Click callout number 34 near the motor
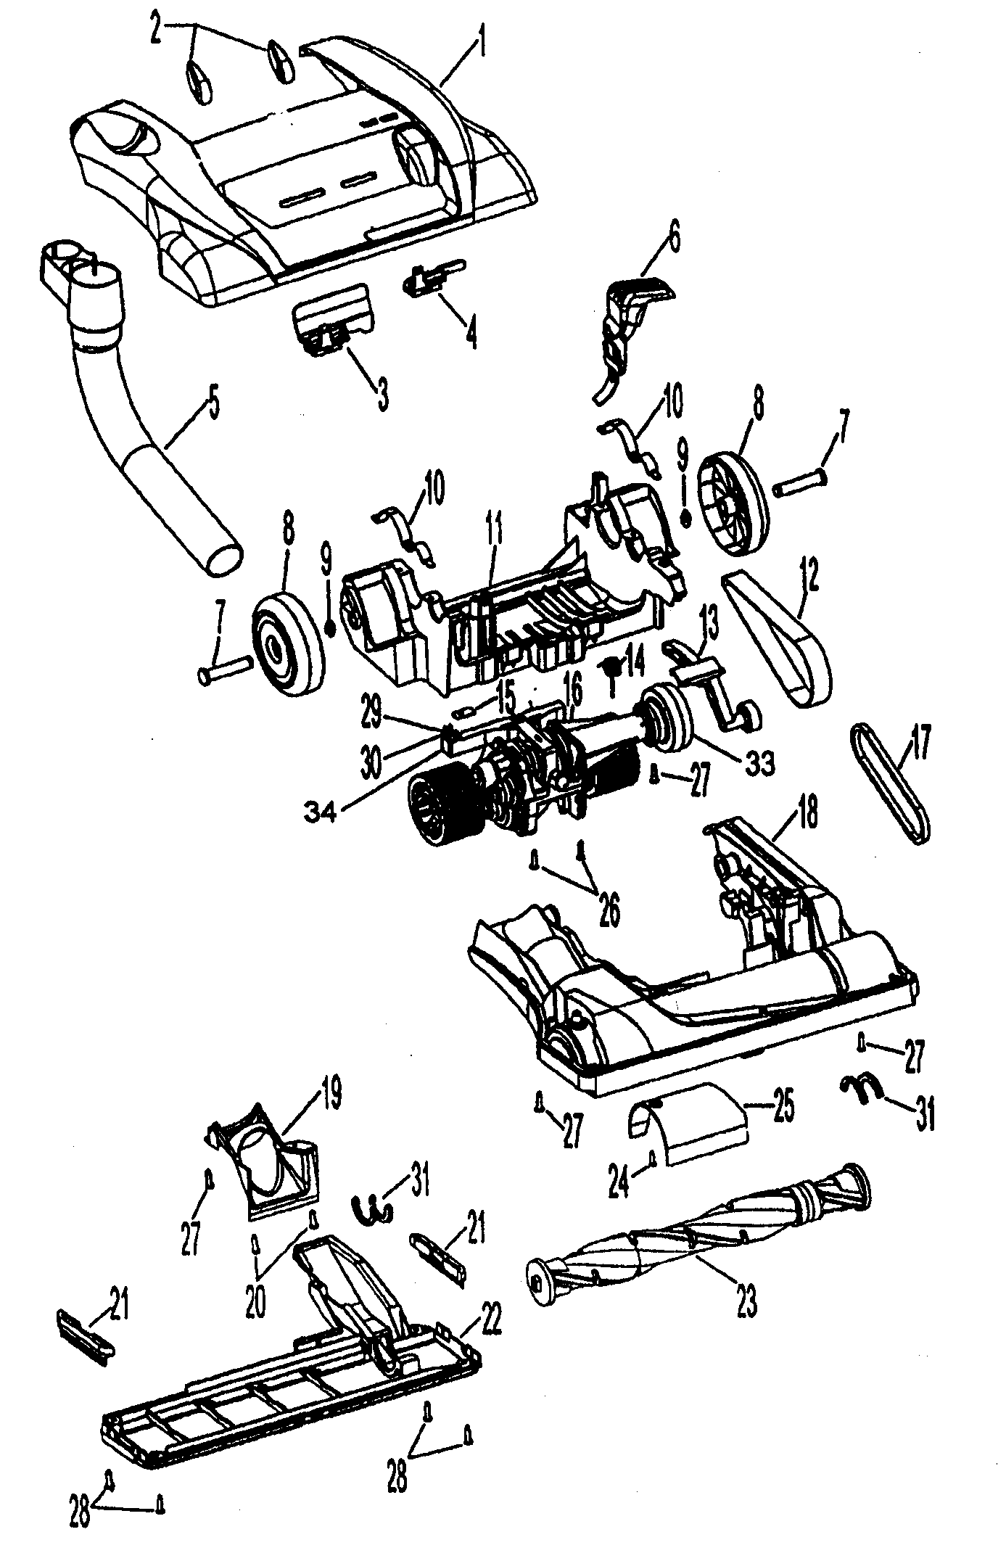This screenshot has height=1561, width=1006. tap(320, 815)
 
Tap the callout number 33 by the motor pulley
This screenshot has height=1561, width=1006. tap(758, 762)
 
